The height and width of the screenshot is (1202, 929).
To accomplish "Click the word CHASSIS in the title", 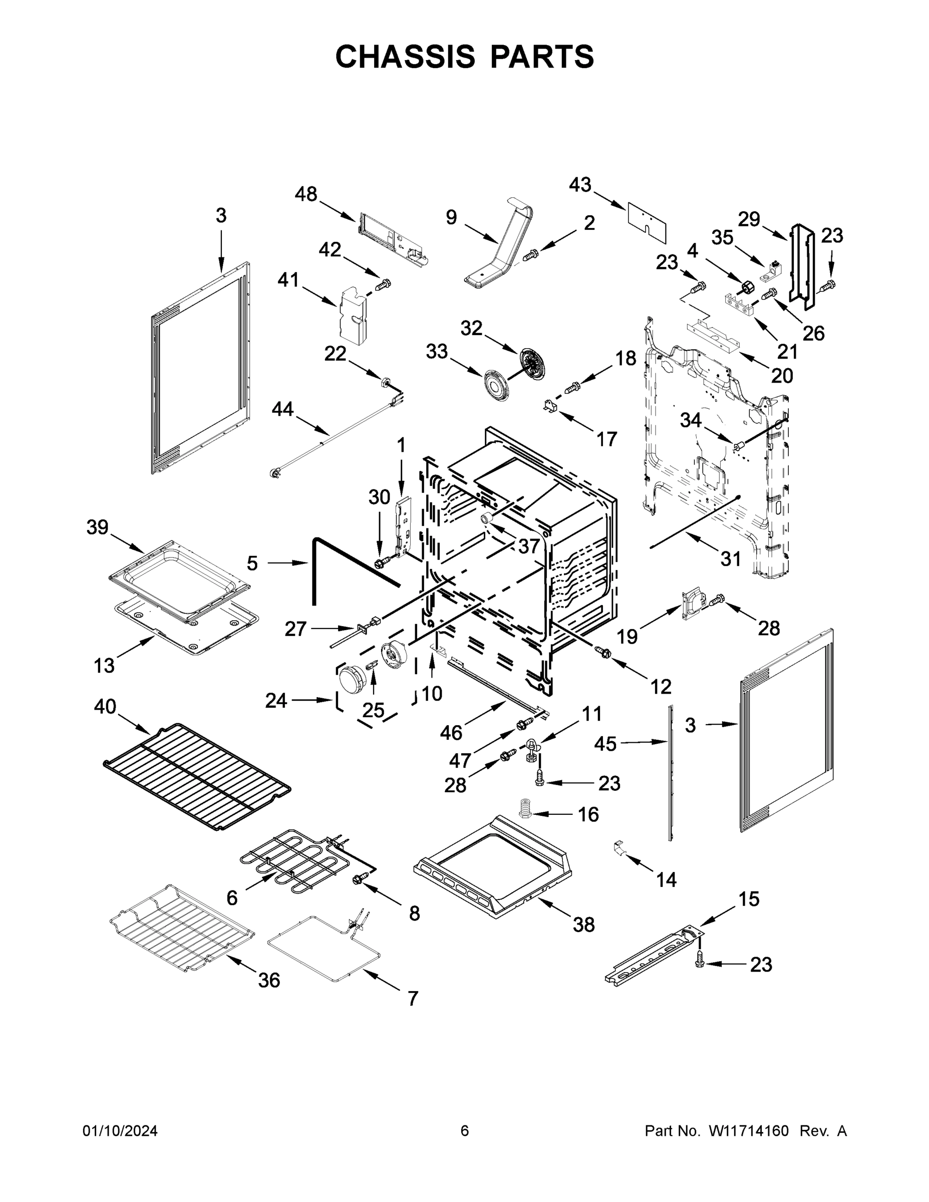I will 405,56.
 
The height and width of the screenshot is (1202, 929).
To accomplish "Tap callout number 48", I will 306,194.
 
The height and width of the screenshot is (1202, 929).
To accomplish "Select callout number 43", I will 580,185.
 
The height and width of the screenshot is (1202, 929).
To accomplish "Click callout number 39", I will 98,527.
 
